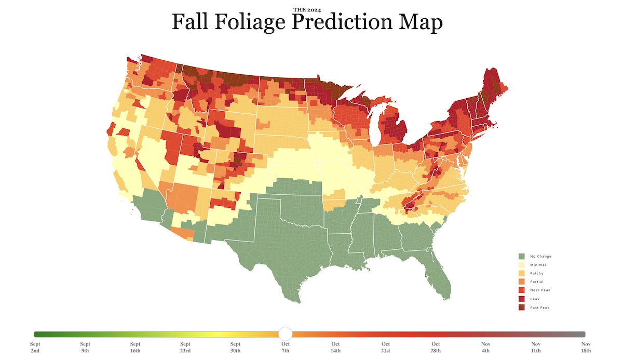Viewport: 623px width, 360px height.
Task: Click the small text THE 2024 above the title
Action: tap(307, 10)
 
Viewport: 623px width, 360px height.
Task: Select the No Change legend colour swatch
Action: tap(521, 256)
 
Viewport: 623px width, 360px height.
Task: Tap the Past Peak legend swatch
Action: tap(521, 308)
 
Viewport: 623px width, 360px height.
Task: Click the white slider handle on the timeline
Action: tap(286, 334)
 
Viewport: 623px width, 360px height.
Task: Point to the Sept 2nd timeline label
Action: tap(35, 347)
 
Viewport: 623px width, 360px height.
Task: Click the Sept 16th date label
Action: tap(135, 347)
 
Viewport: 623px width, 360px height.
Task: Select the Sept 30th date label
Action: tap(235, 347)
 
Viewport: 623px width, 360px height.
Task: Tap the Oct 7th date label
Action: tap(286, 347)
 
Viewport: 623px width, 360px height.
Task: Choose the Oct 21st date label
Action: tap(386, 347)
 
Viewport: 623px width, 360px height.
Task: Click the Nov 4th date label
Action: tap(486, 347)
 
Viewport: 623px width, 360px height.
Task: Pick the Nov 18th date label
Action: tap(586, 347)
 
